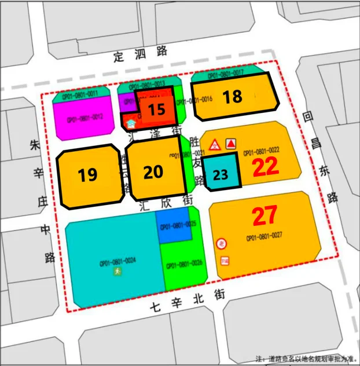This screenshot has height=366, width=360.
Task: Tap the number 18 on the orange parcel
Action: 233,96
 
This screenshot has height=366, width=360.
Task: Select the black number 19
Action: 87,174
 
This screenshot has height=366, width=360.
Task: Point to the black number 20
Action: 153,172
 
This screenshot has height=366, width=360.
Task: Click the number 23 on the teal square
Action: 221,174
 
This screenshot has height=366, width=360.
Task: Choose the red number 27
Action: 265,217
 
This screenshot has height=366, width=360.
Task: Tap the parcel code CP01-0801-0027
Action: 264,237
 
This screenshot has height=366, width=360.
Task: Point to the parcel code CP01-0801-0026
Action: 184,266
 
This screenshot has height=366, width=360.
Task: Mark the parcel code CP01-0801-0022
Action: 261,151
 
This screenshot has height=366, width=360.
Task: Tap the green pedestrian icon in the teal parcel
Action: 117,271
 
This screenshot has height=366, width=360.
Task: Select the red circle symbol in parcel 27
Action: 221,244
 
